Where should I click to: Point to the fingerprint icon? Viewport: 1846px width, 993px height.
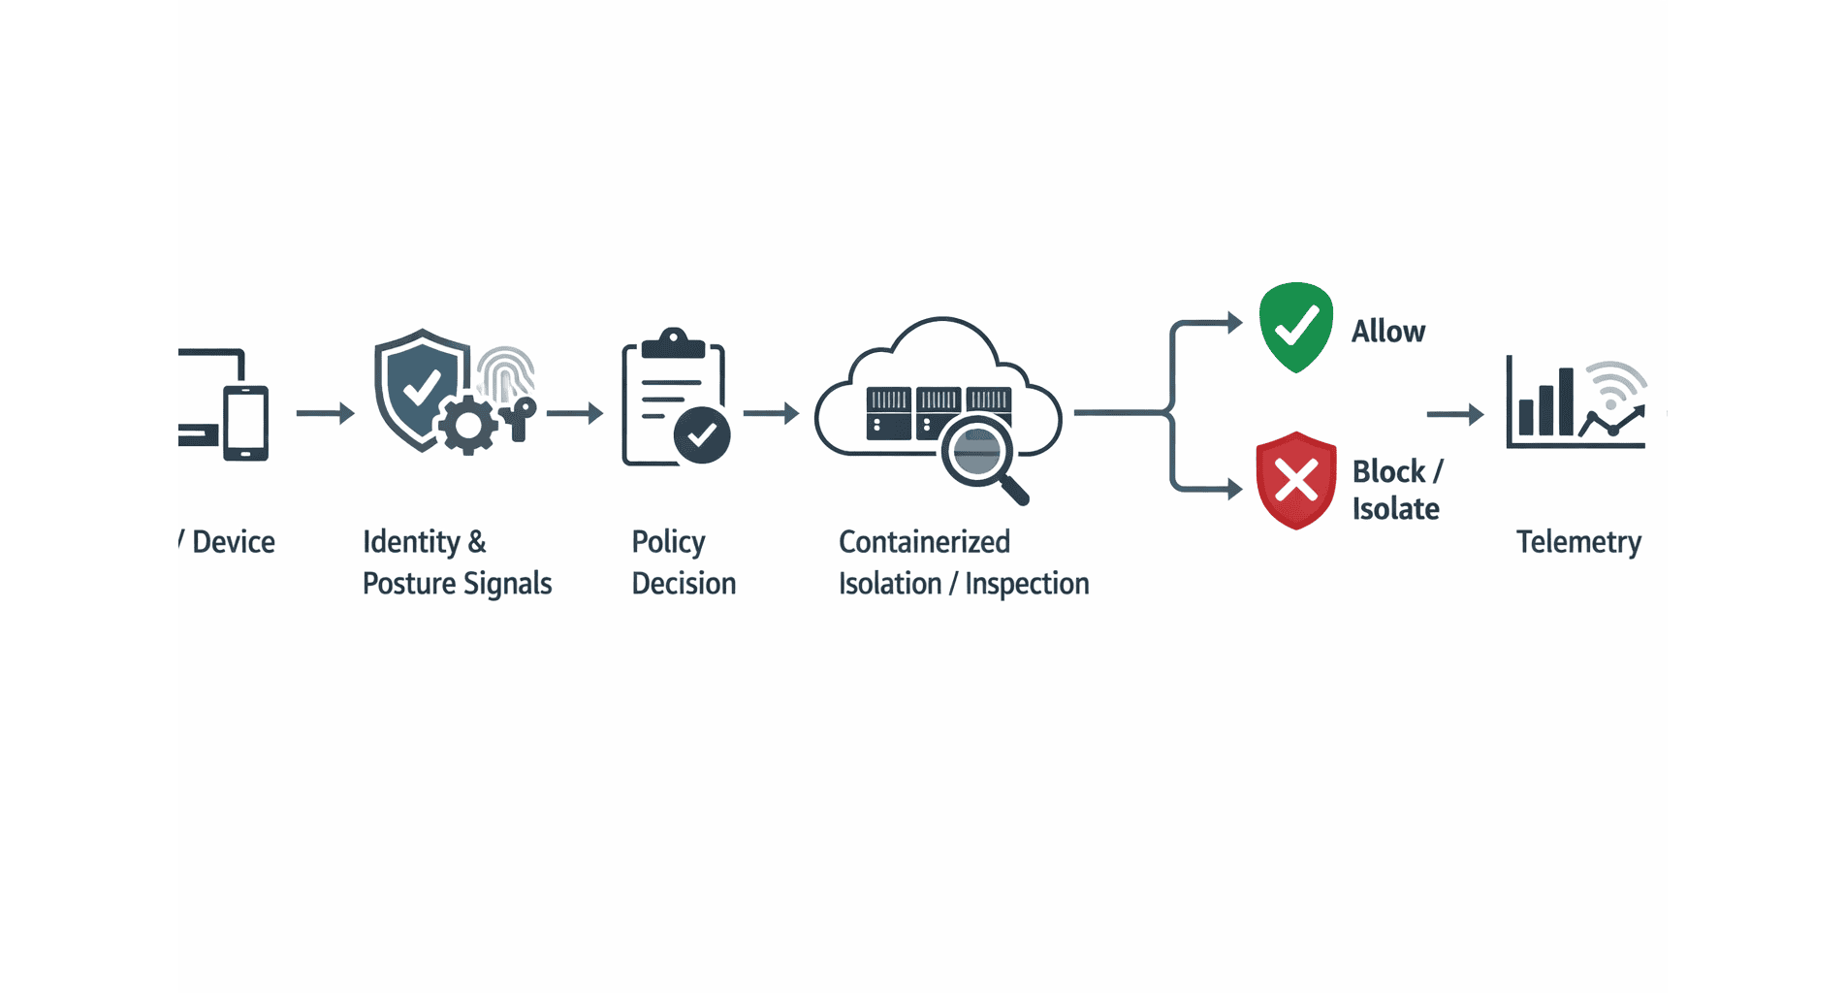(506, 373)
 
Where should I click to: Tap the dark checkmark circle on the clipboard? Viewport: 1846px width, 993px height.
(702, 435)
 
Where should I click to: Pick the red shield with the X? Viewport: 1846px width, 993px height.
(1295, 480)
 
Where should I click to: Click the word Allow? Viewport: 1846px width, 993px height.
(1388, 332)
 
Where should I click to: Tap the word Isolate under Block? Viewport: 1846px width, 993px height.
(1395, 509)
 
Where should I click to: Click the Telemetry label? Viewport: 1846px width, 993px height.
(1578, 542)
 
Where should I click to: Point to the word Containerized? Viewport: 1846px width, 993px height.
(924, 542)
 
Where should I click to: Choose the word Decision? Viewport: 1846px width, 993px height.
(684, 584)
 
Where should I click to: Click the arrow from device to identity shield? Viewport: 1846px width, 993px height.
(326, 413)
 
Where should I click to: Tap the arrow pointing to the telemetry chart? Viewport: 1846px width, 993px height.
(1455, 414)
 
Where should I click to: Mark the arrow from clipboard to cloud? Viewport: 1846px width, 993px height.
(772, 413)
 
